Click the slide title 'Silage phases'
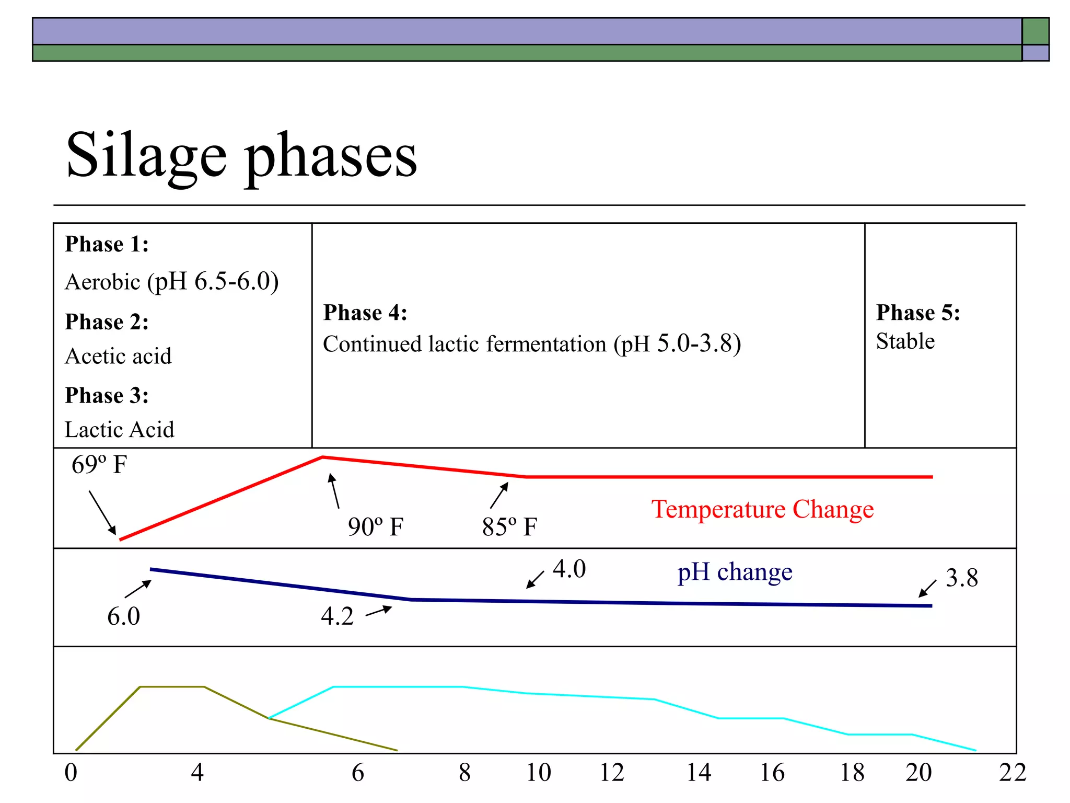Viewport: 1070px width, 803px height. (x=241, y=156)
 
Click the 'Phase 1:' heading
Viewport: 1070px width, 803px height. (x=107, y=244)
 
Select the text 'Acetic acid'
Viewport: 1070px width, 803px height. (x=118, y=356)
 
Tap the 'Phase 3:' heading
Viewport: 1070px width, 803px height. (x=107, y=395)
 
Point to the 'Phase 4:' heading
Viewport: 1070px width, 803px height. (x=365, y=313)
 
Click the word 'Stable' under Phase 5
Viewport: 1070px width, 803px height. (x=905, y=341)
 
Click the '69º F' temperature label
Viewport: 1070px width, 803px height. (x=99, y=464)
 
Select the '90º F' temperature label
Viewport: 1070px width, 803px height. (x=375, y=526)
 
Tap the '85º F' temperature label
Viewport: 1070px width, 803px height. (x=509, y=526)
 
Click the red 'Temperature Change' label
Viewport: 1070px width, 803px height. (x=762, y=509)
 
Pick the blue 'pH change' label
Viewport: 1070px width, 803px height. (x=735, y=572)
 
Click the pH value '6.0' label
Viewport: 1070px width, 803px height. (x=123, y=616)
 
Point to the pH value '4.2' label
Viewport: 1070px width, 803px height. (x=337, y=616)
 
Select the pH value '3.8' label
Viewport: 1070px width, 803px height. (x=961, y=578)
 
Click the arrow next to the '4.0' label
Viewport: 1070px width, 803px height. (x=534, y=580)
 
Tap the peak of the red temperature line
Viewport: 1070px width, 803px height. (x=322, y=457)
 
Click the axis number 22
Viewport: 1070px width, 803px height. (x=1012, y=773)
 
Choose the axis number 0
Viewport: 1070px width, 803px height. (x=71, y=773)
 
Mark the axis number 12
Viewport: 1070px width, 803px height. (x=611, y=773)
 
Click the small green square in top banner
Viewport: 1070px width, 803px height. (x=1035, y=31)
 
